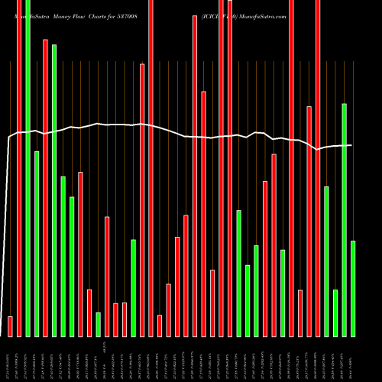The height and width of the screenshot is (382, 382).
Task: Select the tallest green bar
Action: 28,168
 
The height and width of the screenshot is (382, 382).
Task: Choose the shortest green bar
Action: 98,325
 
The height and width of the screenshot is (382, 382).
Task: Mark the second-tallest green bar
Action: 54,190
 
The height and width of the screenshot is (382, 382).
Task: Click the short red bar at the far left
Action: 11,326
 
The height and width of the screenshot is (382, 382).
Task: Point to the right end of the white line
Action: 351,145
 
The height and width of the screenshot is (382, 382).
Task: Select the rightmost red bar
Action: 318,168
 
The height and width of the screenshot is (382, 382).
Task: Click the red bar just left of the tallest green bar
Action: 19,168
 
